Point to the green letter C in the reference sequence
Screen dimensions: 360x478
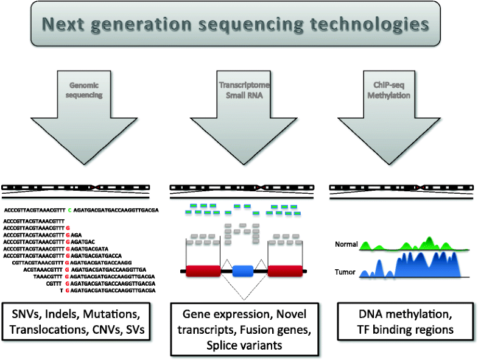coord(69,210)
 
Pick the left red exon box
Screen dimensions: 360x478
coord(203,272)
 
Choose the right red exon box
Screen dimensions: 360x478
coord(284,272)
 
